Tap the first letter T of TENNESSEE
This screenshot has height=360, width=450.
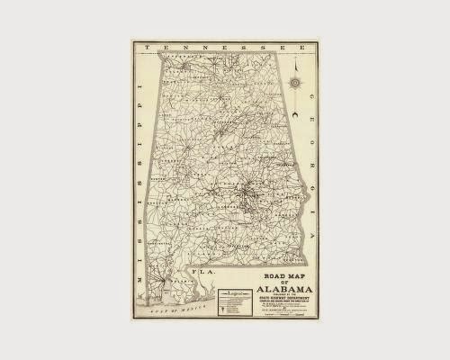(x=159, y=46)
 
